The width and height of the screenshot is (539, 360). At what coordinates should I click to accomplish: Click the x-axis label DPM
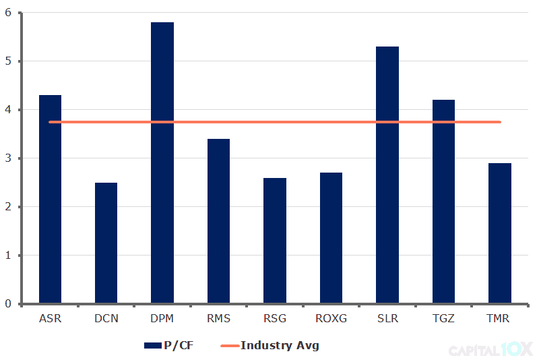pos(162,318)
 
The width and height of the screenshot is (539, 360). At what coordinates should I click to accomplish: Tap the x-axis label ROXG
pos(331,318)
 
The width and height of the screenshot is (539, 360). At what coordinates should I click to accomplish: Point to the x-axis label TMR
pos(500,318)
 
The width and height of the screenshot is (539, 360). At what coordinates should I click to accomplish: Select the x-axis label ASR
pos(50,318)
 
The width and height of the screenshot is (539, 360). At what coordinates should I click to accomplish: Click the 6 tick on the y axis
pos(9,13)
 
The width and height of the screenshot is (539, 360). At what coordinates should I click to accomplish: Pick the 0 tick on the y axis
pos(9,304)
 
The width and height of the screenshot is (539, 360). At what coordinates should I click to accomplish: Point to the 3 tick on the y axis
pos(9,158)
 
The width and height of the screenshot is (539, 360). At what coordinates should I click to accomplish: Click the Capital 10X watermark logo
pos(490,349)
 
